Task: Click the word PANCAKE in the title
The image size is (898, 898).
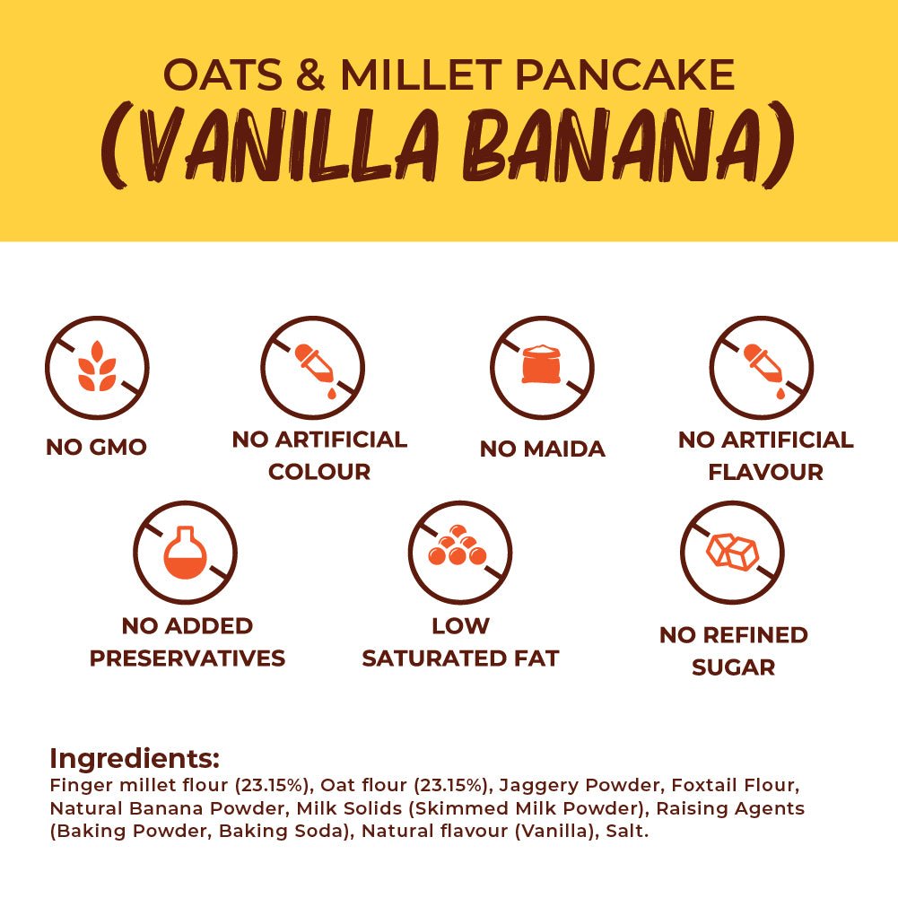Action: (x=624, y=74)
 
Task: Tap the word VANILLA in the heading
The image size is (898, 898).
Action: (x=275, y=145)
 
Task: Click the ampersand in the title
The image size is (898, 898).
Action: (x=311, y=74)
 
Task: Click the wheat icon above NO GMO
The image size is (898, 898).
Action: (x=97, y=367)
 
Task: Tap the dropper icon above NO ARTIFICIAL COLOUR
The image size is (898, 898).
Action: (x=313, y=370)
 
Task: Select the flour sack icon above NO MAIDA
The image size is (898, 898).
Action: (x=541, y=364)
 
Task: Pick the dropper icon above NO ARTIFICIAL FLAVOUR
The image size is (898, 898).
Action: (x=763, y=370)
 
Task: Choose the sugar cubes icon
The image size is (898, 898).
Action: (x=732, y=551)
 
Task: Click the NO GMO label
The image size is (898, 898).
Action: (x=96, y=447)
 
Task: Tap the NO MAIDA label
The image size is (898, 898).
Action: (x=543, y=449)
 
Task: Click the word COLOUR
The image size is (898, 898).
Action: (x=319, y=472)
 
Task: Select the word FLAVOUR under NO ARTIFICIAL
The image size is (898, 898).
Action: (x=766, y=472)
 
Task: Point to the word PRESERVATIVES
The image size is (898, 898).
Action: (x=187, y=658)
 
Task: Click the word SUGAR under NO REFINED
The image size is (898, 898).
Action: (x=734, y=667)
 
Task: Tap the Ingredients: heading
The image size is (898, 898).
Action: (x=135, y=759)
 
